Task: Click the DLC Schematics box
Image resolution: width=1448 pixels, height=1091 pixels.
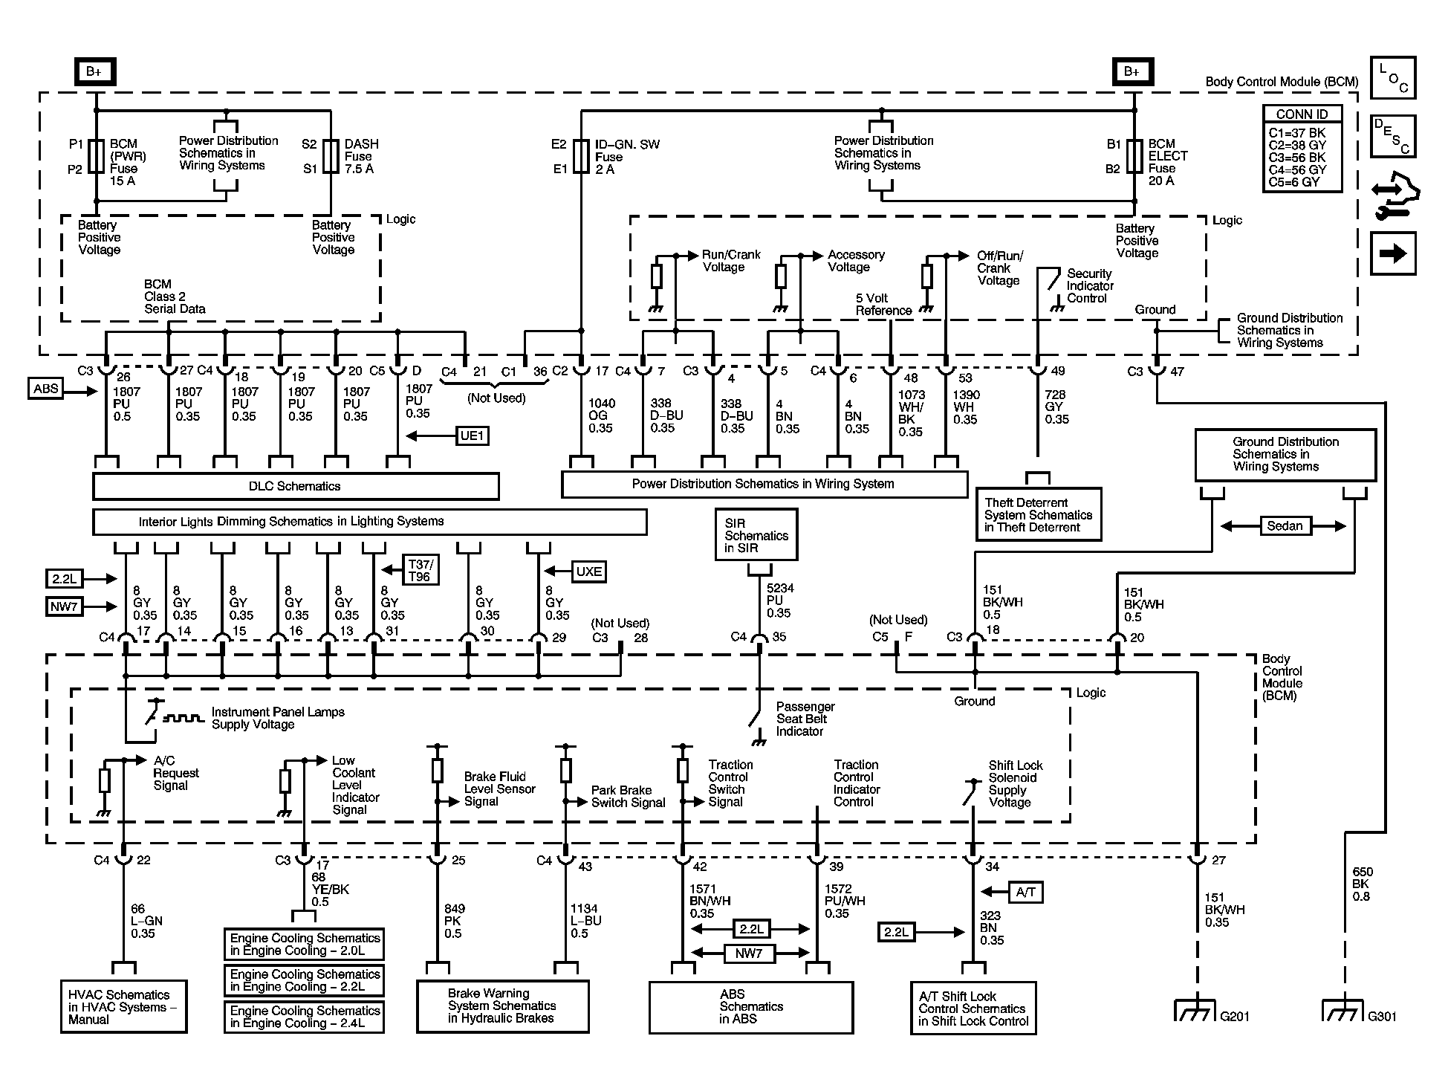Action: click(x=296, y=486)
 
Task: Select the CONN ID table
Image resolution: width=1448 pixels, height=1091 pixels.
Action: click(x=1302, y=149)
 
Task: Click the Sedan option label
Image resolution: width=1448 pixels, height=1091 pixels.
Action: click(x=1285, y=526)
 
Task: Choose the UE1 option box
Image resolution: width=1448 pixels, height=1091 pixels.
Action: click(x=473, y=436)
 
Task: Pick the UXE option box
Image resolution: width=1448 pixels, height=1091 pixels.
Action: click(x=589, y=571)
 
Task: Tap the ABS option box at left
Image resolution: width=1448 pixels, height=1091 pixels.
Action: click(x=46, y=389)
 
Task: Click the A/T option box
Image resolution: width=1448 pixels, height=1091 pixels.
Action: click(x=1025, y=892)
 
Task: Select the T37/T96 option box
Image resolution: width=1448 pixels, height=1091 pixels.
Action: click(x=419, y=570)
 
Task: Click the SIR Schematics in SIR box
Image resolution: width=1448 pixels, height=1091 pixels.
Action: click(x=756, y=534)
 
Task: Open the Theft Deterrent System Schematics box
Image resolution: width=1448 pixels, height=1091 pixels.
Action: click(x=1038, y=514)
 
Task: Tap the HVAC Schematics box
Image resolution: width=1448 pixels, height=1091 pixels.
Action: click(x=123, y=1006)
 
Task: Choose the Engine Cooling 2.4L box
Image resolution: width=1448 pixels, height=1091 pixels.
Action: click(x=305, y=1017)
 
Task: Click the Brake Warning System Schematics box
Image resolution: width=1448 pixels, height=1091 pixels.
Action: click(x=502, y=1006)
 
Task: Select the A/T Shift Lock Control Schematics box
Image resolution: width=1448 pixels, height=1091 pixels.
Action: click(x=973, y=1008)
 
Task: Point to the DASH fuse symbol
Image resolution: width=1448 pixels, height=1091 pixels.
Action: click(x=331, y=156)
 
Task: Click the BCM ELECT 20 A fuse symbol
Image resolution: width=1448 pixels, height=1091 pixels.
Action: click(x=1134, y=156)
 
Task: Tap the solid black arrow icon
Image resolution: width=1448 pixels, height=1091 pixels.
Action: click(x=1394, y=253)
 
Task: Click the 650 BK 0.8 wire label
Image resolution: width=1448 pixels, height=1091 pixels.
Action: click(x=1363, y=884)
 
